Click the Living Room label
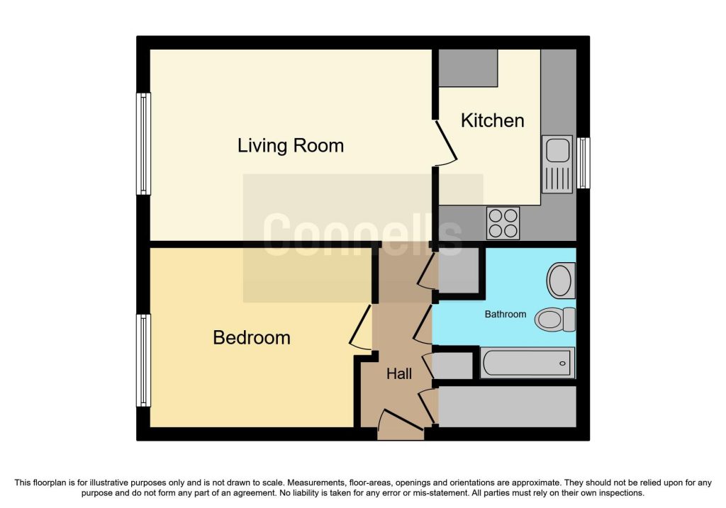click(x=291, y=146)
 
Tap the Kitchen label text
click(x=492, y=120)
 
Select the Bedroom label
click(x=252, y=338)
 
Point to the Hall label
click(x=399, y=374)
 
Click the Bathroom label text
click(x=505, y=314)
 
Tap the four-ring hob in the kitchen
click(x=503, y=222)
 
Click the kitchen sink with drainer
click(x=557, y=164)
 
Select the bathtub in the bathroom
click(x=527, y=363)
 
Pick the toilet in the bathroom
click(x=556, y=319)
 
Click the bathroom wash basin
click(x=561, y=281)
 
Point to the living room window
click(x=144, y=144)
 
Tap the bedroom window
click(x=144, y=361)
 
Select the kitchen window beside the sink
click(x=583, y=163)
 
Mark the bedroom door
click(x=360, y=327)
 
